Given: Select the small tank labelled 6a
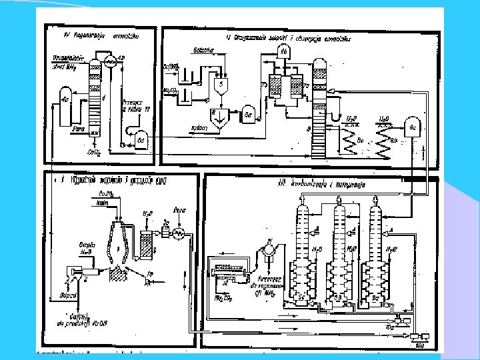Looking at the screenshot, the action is coord(247,115).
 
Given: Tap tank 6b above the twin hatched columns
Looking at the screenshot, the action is coord(284,52).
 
